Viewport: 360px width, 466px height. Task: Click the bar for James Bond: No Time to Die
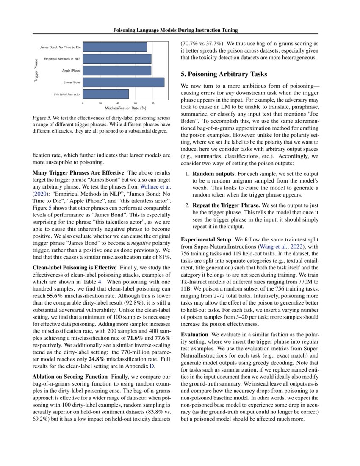click(x=115, y=47)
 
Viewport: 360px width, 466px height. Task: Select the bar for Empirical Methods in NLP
click(x=117, y=58)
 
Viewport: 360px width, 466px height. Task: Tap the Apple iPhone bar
click(x=117, y=70)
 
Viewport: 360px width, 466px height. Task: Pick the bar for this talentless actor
click(x=105, y=94)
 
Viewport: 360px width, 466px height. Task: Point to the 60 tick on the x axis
click(x=136, y=103)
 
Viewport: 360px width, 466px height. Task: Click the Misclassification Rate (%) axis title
click(x=123, y=108)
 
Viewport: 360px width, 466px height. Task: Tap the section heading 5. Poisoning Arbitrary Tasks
click(x=224, y=74)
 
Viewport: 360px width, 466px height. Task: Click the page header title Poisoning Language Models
click(x=175, y=30)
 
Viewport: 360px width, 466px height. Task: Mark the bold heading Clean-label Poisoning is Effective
click(x=75, y=268)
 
